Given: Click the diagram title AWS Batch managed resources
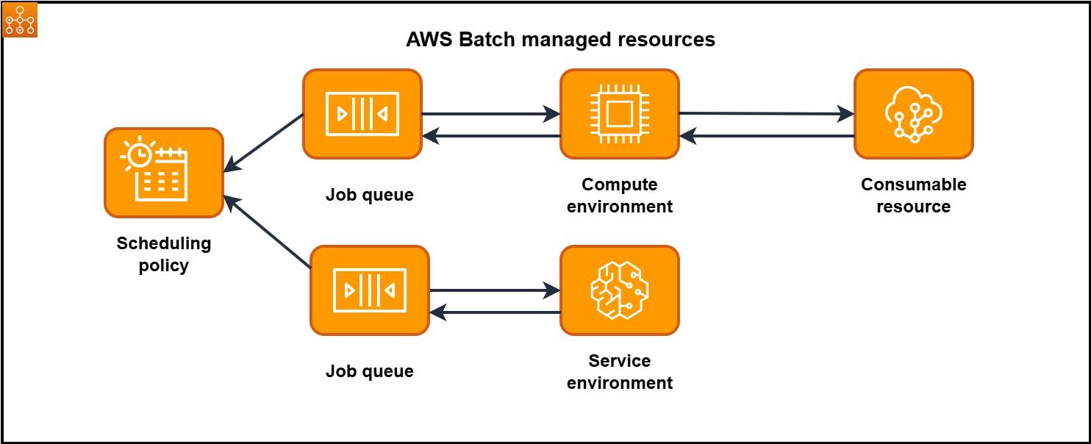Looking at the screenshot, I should (x=560, y=40).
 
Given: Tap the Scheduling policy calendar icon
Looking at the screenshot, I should (x=164, y=173).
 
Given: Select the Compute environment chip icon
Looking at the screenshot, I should (x=619, y=114).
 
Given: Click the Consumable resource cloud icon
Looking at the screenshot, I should (x=913, y=114).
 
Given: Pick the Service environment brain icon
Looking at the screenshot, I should (x=619, y=290).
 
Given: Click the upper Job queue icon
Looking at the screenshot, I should (x=362, y=114).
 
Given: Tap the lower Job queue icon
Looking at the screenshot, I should (x=370, y=290).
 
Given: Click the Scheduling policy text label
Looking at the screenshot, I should (x=164, y=254).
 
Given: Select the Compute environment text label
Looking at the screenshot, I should (x=619, y=196).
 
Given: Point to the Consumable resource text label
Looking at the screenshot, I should (x=913, y=196).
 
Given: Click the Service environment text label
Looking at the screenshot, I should (x=619, y=372).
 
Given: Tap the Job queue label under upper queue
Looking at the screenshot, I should (x=370, y=196).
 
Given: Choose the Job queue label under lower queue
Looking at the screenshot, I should (x=370, y=372).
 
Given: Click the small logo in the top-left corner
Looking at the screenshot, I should (x=20, y=20).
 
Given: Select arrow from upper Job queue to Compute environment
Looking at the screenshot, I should (x=490, y=114).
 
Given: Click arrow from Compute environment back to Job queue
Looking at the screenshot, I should (x=490, y=136).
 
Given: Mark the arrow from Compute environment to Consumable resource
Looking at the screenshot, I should (x=766, y=114).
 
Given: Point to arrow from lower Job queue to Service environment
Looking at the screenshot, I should (x=494, y=290).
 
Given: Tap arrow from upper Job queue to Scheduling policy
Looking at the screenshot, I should (x=263, y=143).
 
